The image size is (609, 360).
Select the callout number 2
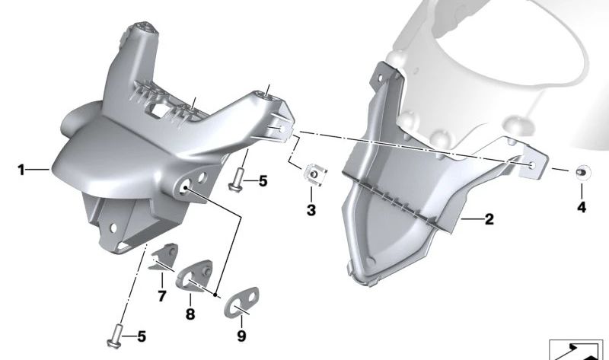point(489,220)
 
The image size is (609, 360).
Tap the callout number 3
point(311,209)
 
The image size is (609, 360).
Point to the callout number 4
point(582,207)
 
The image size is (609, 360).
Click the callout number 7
point(161,295)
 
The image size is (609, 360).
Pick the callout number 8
point(190,314)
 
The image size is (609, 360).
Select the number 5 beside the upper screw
point(263,181)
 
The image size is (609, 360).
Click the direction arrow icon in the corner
point(577,349)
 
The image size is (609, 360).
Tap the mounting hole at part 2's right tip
point(531,163)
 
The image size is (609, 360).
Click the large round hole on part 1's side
point(185,187)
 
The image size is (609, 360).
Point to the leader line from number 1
point(38,170)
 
